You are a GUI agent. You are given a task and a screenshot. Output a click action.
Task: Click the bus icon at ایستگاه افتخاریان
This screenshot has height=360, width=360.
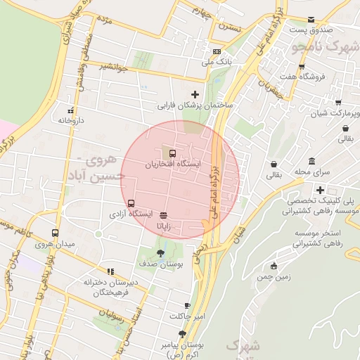172,153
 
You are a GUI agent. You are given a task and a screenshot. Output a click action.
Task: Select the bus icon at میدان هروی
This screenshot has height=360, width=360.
56,234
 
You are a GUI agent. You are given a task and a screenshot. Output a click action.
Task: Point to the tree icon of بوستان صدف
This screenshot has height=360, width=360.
161,252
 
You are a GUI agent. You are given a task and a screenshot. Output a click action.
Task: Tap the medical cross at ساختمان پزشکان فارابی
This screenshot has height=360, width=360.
195,94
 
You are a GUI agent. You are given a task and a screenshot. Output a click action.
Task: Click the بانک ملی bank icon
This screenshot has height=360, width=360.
217,52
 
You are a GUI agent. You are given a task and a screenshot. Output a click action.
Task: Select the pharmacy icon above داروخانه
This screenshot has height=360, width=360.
70,110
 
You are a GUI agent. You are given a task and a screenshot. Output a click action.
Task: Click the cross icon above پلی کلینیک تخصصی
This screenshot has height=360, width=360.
320,190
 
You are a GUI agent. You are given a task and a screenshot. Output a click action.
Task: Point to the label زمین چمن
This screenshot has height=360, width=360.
274,277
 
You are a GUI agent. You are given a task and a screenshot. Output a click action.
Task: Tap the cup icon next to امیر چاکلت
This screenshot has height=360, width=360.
187,305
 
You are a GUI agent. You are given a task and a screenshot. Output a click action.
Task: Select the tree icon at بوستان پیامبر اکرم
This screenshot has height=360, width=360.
183,334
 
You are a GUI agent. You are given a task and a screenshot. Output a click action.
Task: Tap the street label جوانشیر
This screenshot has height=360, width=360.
113,67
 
